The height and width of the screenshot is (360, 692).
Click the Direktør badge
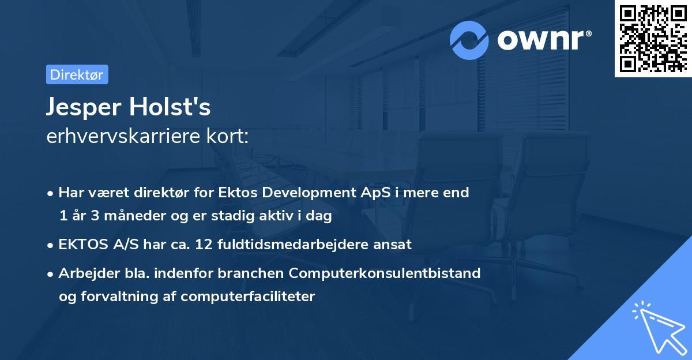77,74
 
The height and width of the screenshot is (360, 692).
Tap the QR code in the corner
653,38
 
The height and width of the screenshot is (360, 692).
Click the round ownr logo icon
469,40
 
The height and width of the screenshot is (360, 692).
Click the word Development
302,193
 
